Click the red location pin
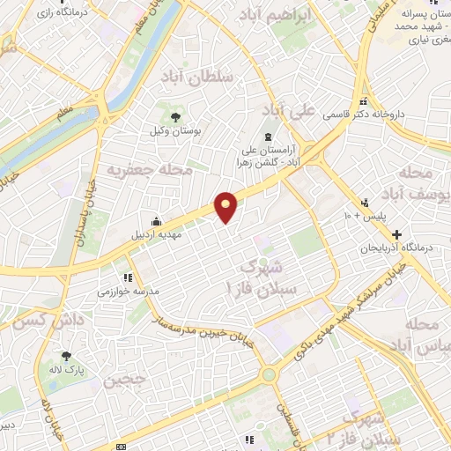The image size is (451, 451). pyautogui.click(x=227, y=206)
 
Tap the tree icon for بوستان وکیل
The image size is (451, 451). pyautogui.click(x=175, y=115)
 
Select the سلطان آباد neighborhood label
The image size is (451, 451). pyautogui.click(x=197, y=78)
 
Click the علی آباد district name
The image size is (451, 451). pyautogui.click(x=289, y=110)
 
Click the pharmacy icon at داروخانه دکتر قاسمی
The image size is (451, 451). pyautogui.click(x=363, y=101)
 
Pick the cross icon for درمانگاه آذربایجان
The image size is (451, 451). pyautogui.click(x=397, y=235)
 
